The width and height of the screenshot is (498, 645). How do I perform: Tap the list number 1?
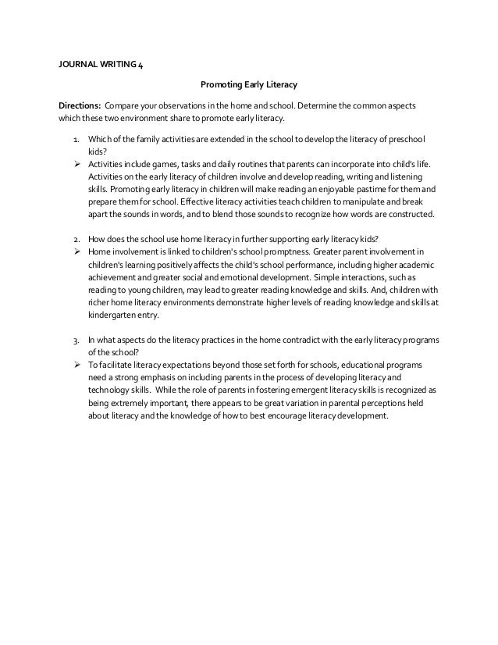point(75,141)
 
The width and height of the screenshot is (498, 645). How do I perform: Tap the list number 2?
point(75,238)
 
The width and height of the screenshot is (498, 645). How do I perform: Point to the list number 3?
point(75,340)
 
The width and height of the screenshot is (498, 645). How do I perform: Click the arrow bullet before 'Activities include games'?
point(78,166)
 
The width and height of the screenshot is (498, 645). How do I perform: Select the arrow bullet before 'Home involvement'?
point(78,251)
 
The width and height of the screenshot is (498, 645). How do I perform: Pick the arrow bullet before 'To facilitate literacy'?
point(78,365)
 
